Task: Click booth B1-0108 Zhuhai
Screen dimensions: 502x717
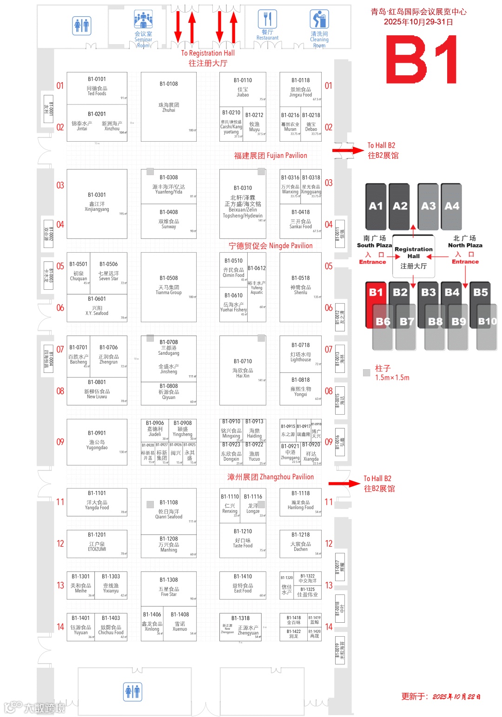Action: click(168, 106)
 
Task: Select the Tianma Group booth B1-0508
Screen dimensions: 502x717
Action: click(168, 287)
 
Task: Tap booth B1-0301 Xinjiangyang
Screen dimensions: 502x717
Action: click(97, 203)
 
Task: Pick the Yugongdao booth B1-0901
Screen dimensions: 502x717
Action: click(97, 442)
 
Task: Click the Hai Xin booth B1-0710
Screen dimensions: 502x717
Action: click(243, 370)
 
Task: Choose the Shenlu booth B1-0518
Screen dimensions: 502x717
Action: click(300, 287)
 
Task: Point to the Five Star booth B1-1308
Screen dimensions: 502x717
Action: click(168, 588)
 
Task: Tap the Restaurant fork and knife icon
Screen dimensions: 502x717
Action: click(267, 20)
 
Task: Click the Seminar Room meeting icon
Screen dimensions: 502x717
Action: click(143, 20)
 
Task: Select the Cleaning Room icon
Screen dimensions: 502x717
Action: click(319, 20)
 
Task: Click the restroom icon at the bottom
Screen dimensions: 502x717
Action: click(133, 691)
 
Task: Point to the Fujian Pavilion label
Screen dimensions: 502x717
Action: click(271, 156)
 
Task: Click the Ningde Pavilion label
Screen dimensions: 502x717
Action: click(271, 246)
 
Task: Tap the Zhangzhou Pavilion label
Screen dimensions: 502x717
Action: click(271, 477)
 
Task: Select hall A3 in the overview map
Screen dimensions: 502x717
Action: click(428, 206)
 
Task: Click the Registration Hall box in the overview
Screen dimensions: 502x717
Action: click(413, 257)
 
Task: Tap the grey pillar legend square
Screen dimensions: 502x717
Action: click(366, 372)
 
